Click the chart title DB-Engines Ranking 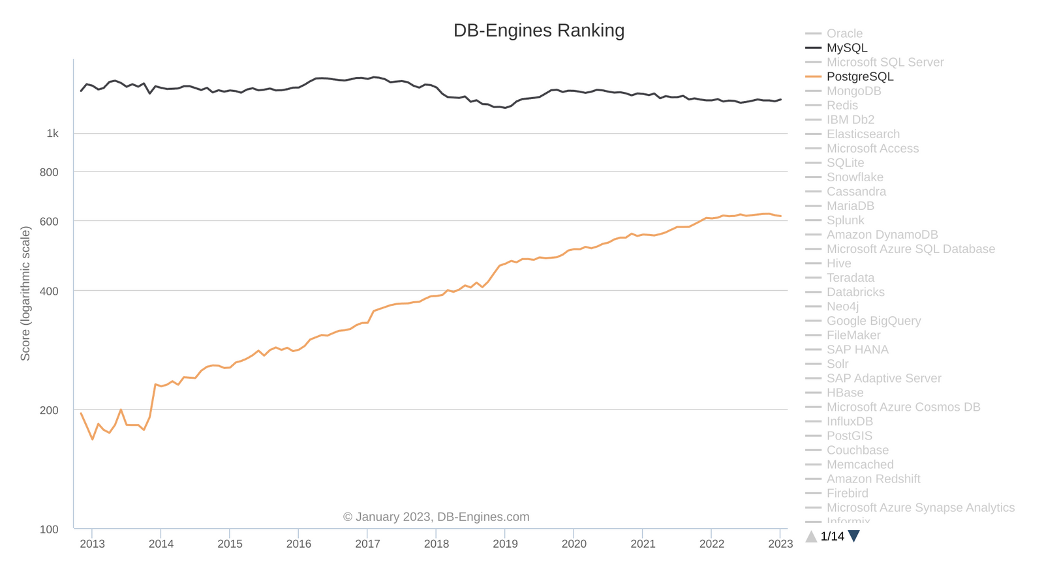tap(539, 31)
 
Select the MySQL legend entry tap(846, 48)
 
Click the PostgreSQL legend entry tap(859, 76)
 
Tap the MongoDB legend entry tap(853, 91)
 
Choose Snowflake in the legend tap(855, 177)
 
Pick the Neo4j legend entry tap(842, 306)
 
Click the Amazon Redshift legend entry tap(873, 479)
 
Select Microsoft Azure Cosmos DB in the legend tap(903, 407)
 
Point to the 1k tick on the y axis tap(52, 134)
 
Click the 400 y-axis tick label tap(49, 291)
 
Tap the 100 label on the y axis tap(49, 529)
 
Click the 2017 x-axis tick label tap(367, 544)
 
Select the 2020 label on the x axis tap(574, 544)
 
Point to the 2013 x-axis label tap(92, 544)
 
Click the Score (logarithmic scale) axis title tap(25, 293)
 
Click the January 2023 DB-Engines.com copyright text tap(436, 517)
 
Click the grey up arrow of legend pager tap(811, 537)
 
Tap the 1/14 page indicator tap(832, 537)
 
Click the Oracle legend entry tap(844, 33)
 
